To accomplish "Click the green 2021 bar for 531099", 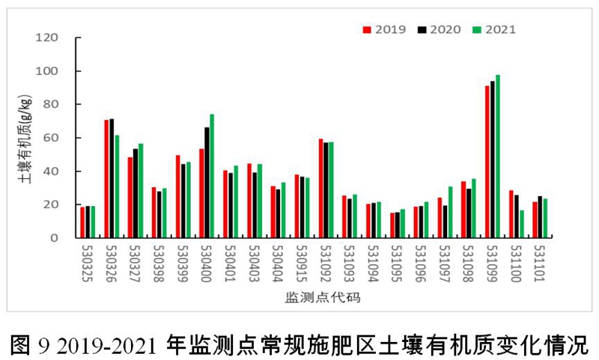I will pyautogui.click(x=498, y=156).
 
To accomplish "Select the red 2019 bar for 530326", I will pyautogui.click(x=107, y=179).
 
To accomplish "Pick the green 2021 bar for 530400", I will pyautogui.click(x=212, y=176).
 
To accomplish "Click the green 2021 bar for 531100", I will pyautogui.click(x=522, y=224).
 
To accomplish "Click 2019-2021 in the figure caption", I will pyautogui.click(x=104, y=343).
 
